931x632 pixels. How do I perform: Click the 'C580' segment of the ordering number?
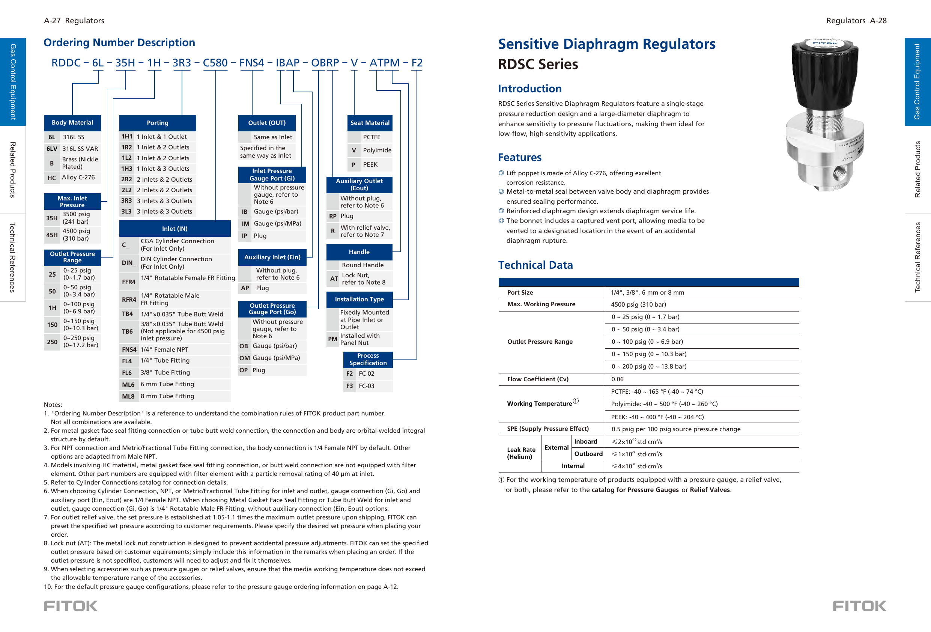point(215,63)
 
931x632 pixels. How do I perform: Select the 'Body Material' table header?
point(72,123)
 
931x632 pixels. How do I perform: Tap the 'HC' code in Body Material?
point(52,178)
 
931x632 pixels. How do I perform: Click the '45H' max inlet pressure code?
point(52,235)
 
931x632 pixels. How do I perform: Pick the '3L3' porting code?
point(126,212)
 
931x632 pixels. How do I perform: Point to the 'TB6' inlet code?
point(127,332)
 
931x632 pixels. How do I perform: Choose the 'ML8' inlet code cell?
point(128,396)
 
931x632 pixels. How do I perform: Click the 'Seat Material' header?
point(370,123)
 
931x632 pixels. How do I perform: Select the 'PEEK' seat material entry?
point(370,165)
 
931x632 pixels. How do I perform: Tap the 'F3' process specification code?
point(349,386)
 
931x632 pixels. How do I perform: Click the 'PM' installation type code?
point(332,339)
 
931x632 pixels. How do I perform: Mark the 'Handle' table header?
point(359,252)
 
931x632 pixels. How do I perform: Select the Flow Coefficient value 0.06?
point(617,379)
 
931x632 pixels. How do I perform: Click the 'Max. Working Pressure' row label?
point(541,304)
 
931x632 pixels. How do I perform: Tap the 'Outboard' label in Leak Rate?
point(588,454)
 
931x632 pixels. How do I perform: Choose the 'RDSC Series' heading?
point(538,64)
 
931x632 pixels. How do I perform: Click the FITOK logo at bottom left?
point(71,606)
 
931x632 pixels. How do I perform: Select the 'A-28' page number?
point(878,20)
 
